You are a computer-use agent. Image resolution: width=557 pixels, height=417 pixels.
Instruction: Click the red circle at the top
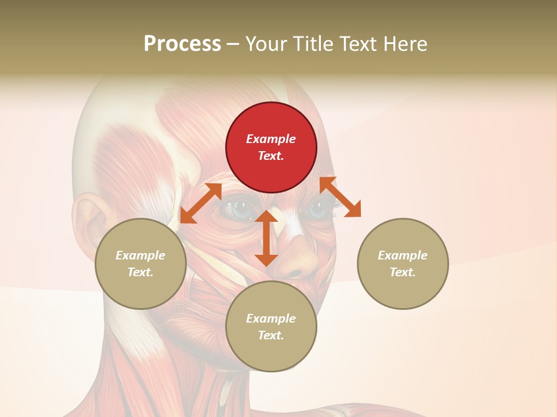click(271, 147)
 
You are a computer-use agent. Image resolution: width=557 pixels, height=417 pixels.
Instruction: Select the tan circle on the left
click(140, 264)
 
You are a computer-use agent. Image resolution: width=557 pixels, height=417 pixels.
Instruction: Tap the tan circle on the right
click(403, 264)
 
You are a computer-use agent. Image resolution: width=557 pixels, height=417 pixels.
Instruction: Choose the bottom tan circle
click(271, 327)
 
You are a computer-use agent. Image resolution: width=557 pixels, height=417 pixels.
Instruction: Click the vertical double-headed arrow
click(266, 238)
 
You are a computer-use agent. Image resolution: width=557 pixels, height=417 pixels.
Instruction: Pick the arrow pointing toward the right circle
click(340, 197)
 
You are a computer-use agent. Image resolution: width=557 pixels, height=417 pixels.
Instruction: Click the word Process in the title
click(182, 44)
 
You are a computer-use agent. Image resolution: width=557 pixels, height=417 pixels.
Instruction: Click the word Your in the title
click(266, 44)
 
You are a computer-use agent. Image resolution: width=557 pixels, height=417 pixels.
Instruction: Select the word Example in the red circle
click(271, 139)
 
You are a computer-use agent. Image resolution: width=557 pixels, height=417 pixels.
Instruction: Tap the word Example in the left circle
click(140, 255)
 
